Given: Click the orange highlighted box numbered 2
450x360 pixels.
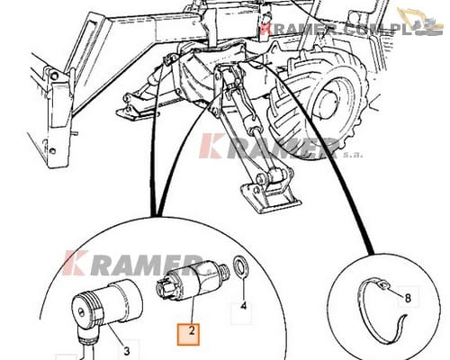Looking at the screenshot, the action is coord(188,335).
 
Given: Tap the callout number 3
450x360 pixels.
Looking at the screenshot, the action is coord(127,350).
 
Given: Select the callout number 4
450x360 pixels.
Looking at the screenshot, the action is coord(244,306).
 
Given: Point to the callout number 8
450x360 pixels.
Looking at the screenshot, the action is coord(408,298).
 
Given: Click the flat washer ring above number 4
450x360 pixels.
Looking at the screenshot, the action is coord(240,266).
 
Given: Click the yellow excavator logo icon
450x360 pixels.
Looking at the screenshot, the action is coord(420,21).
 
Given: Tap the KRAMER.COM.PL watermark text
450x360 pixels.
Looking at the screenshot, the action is coord(335,30).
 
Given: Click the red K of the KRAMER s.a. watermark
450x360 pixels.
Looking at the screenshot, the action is coord(211,146).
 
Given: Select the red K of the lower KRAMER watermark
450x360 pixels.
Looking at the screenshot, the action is coord(75,263).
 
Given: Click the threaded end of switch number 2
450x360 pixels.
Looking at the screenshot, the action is coord(224,269).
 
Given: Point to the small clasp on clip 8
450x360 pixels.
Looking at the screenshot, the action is coord(383,285).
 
